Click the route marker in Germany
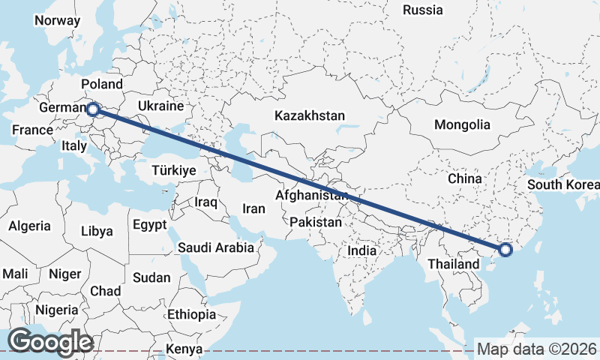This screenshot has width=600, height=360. tap(93, 109)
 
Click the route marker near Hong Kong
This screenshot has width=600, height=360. tap(505, 249)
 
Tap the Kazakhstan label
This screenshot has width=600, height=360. tap(310, 116)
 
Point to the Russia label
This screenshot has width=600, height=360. tap(423, 10)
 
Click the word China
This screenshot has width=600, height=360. tap(464, 178)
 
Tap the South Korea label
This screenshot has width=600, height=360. tap(562, 184)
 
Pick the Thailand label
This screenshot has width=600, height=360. tap(454, 264)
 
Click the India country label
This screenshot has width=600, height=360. tap(362, 250)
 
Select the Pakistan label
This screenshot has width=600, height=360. tap(316, 223)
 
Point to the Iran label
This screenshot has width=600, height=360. tap(254, 209)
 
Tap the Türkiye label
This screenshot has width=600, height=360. tap(173, 170)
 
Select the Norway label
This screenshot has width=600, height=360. tap(57, 20)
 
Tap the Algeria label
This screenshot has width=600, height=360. tap(30, 226)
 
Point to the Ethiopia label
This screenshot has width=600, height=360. tap(191, 314)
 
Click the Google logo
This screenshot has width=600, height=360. tap(51, 341)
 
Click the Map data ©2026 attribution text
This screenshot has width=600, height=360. tap(537, 349)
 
